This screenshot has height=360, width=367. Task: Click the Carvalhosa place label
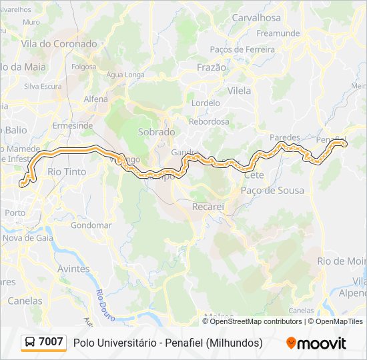click(x=257, y=18)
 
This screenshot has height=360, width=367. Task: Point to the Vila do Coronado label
click(x=59, y=44)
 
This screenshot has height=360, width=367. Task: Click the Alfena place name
click(x=95, y=99)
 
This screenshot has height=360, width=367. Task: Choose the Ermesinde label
click(x=73, y=125)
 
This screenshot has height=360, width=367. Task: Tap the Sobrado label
click(x=156, y=132)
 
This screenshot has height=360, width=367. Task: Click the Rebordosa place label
click(x=209, y=121)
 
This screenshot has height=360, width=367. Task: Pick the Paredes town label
click(x=285, y=137)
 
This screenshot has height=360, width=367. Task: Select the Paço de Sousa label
click(x=272, y=191)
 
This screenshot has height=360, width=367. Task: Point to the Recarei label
click(x=208, y=207)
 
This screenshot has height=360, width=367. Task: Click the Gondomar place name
click(x=91, y=225)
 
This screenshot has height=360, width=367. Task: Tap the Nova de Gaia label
click(x=28, y=237)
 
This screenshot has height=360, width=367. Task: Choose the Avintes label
click(x=74, y=269)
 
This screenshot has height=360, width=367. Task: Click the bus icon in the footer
click(x=30, y=343)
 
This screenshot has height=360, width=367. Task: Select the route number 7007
click(x=51, y=342)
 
